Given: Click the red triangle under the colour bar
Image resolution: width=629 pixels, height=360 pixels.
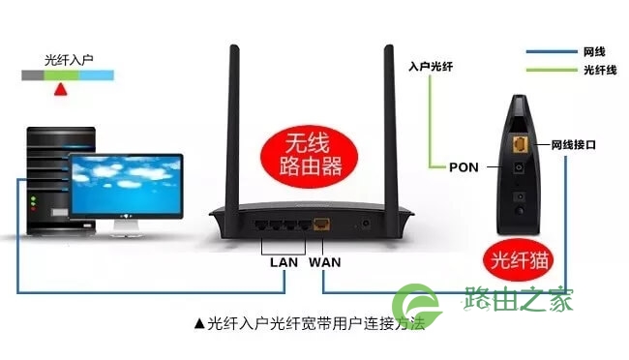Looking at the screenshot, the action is click(x=61, y=89).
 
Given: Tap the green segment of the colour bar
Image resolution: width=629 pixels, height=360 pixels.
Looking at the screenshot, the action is click(x=61, y=75).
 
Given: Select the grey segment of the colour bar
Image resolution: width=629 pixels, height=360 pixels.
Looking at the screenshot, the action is click(x=33, y=75).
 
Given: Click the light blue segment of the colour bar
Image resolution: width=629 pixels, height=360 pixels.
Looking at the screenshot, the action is click(x=96, y=75).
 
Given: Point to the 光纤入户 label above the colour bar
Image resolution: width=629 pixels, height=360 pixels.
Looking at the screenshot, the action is click(x=69, y=60).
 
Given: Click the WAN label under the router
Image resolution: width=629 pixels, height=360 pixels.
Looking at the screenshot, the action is click(x=324, y=262).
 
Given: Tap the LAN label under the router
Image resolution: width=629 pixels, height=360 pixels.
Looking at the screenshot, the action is click(x=284, y=262).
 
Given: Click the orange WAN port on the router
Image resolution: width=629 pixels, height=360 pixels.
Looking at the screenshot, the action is click(x=321, y=224).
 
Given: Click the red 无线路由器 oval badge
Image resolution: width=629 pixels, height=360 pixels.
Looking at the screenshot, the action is click(x=309, y=156).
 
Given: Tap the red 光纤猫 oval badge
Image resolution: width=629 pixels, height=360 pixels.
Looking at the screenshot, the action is click(x=518, y=260).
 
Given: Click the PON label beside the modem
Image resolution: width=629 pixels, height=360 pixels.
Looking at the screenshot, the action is click(x=464, y=167).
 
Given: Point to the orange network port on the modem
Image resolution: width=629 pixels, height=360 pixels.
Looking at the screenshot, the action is click(x=521, y=143).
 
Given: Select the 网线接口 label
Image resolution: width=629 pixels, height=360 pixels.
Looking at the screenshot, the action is click(x=573, y=144).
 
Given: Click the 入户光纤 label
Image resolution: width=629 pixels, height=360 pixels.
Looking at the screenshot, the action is click(x=431, y=66).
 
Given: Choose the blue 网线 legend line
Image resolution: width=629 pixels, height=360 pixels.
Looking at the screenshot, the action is click(x=552, y=51).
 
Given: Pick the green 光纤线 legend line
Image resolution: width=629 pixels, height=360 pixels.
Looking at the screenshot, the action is click(x=552, y=70).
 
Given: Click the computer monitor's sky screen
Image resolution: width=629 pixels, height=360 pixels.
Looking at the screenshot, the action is click(x=126, y=185).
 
